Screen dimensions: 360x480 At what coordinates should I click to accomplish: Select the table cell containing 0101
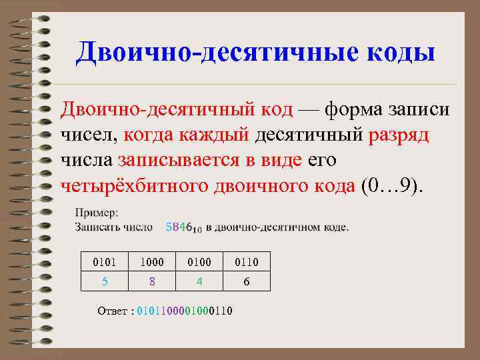(x=105, y=262)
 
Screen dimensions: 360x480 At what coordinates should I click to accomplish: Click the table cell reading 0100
(x=199, y=262)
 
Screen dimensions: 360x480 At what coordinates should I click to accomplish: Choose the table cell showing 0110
(x=246, y=262)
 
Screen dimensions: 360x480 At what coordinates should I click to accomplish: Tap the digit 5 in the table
(x=105, y=281)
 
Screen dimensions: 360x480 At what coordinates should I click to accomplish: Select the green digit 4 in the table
(x=199, y=281)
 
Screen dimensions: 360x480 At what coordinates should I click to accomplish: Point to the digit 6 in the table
(x=246, y=281)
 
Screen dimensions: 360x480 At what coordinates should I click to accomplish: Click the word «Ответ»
(x=111, y=311)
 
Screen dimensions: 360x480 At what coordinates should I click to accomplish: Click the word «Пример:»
(x=97, y=213)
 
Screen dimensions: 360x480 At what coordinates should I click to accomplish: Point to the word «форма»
(x=361, y=108)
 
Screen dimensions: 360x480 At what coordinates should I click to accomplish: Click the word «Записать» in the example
(x=97, y=227)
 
